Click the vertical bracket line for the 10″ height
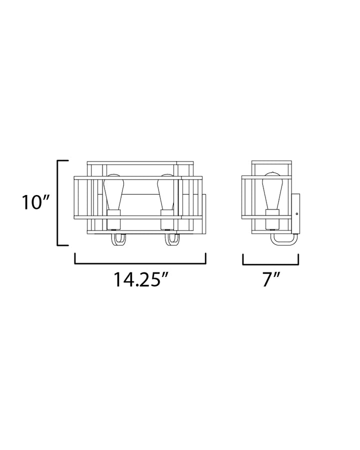[x=59, y=202]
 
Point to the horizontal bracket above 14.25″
[x=140, y=263]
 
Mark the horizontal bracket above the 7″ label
[x=270, y=263]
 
